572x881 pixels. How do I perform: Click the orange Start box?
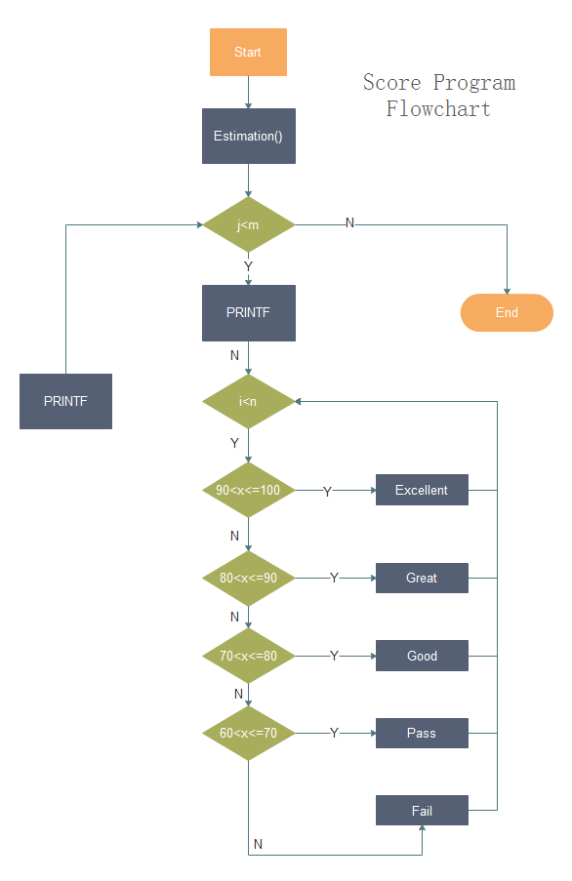click(248, 52)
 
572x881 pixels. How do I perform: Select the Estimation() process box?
click(248, 136)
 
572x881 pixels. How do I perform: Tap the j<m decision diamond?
click(248, 225)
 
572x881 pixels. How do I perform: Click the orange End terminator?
click(507, 313)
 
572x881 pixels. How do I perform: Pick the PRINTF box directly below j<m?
click(248, 313)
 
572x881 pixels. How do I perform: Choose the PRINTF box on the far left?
click(65, 401)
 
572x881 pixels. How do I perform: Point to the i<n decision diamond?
click(248, 401)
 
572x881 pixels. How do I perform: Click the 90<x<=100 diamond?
click(248, 490)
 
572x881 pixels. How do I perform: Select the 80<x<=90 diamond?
click(248, 578)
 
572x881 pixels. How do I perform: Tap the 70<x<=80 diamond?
click(248, 656)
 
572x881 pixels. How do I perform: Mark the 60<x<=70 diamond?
click(248, 733)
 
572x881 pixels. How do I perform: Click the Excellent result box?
click(422, 490)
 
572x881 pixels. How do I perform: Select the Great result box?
click(422, 578)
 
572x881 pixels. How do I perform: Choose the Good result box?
click(422, 656)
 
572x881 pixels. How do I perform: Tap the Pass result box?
click(422, 733)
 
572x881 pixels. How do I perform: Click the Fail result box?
click(422, 811)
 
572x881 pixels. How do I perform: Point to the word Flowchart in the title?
click(438, 108)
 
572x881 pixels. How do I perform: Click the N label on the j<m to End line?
click(349, 223)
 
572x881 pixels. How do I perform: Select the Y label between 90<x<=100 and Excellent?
click(327, 492)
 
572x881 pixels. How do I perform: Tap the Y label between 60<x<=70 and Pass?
click(334, 733)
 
